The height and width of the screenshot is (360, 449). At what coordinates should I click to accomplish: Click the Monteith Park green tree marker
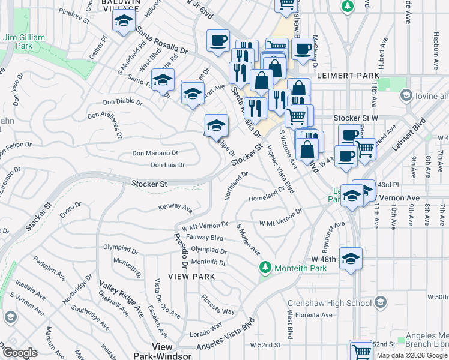(x=264, y=267)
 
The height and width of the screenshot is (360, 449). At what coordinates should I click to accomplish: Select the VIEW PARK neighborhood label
(x=191, y=276)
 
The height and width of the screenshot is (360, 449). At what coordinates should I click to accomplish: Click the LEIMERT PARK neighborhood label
(x=353, y=76)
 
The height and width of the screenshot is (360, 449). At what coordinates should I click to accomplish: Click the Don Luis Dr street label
(x=167, y=165)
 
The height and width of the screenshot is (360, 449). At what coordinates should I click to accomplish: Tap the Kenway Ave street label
(x=175, y=208)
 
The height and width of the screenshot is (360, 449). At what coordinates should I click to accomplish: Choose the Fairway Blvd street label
(x=205, y=238)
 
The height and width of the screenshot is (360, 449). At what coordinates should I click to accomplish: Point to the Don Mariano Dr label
(x=155, y=153)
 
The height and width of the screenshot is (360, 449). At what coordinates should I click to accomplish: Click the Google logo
(x=20, y=353)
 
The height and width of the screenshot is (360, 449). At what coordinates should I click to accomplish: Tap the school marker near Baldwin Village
(x=124, y=22)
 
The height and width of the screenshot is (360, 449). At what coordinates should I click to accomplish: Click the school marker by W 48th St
(x=351, y=258)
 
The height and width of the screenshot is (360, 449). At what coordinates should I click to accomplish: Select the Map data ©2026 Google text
(x=412, y=355)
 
